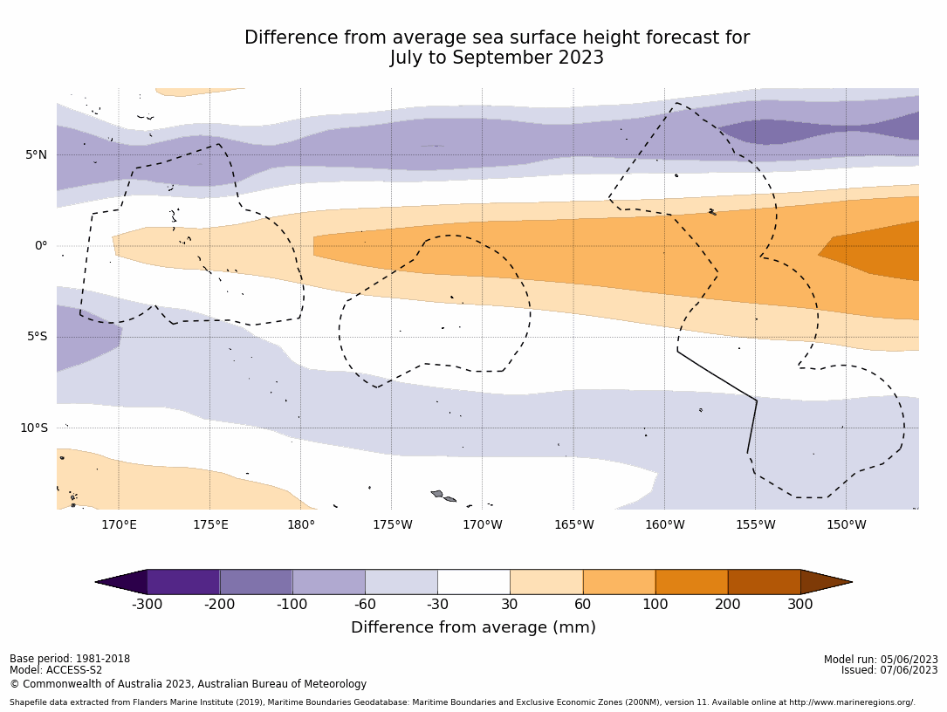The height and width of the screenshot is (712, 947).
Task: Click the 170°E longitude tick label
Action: (119, 524)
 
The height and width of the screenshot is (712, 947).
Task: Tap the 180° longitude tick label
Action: (301, 524)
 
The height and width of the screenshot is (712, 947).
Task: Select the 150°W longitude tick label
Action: (846, 524)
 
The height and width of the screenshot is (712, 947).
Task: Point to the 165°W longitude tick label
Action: (573, 524)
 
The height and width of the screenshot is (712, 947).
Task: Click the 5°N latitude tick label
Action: (36, 155)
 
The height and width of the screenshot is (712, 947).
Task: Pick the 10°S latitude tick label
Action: (34, 428)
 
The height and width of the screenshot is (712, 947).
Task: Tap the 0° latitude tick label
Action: (41, 246)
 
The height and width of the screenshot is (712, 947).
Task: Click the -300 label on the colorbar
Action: (147, 605)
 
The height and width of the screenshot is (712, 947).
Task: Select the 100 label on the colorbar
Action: (655, 605)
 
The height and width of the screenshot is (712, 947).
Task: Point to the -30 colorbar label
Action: (437, 605)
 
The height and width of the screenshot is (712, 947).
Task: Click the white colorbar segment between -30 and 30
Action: (473, 582)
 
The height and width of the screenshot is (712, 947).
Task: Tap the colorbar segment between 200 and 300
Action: (764, 582)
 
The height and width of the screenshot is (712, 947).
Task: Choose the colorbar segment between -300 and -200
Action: (183, 582)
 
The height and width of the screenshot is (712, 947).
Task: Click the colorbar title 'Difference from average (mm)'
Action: (473, 627)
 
